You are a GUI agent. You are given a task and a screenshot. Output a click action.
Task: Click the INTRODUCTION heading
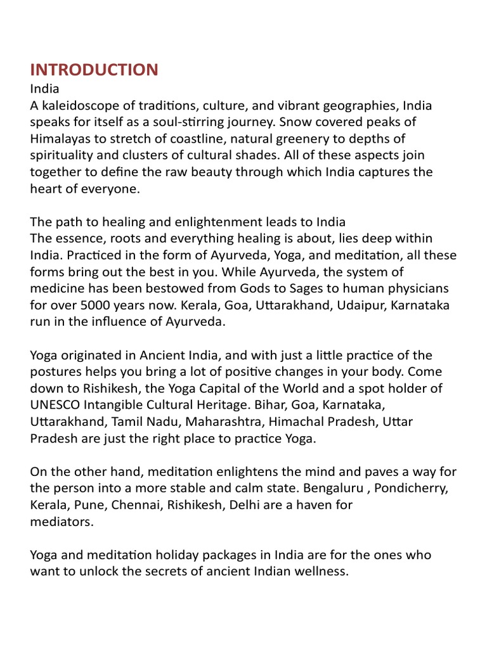[94, 70]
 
